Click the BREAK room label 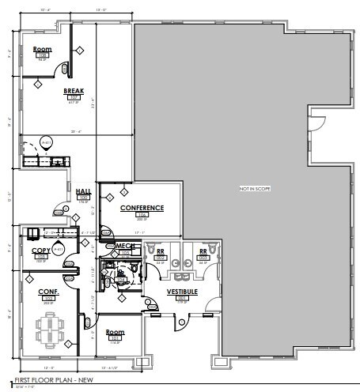[74, 91]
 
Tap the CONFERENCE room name [142, 208]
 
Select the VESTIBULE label [181, 292]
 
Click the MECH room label [124, 247]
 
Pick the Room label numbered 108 [42, 49]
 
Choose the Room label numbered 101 [114, 332]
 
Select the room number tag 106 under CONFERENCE [142, 214]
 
